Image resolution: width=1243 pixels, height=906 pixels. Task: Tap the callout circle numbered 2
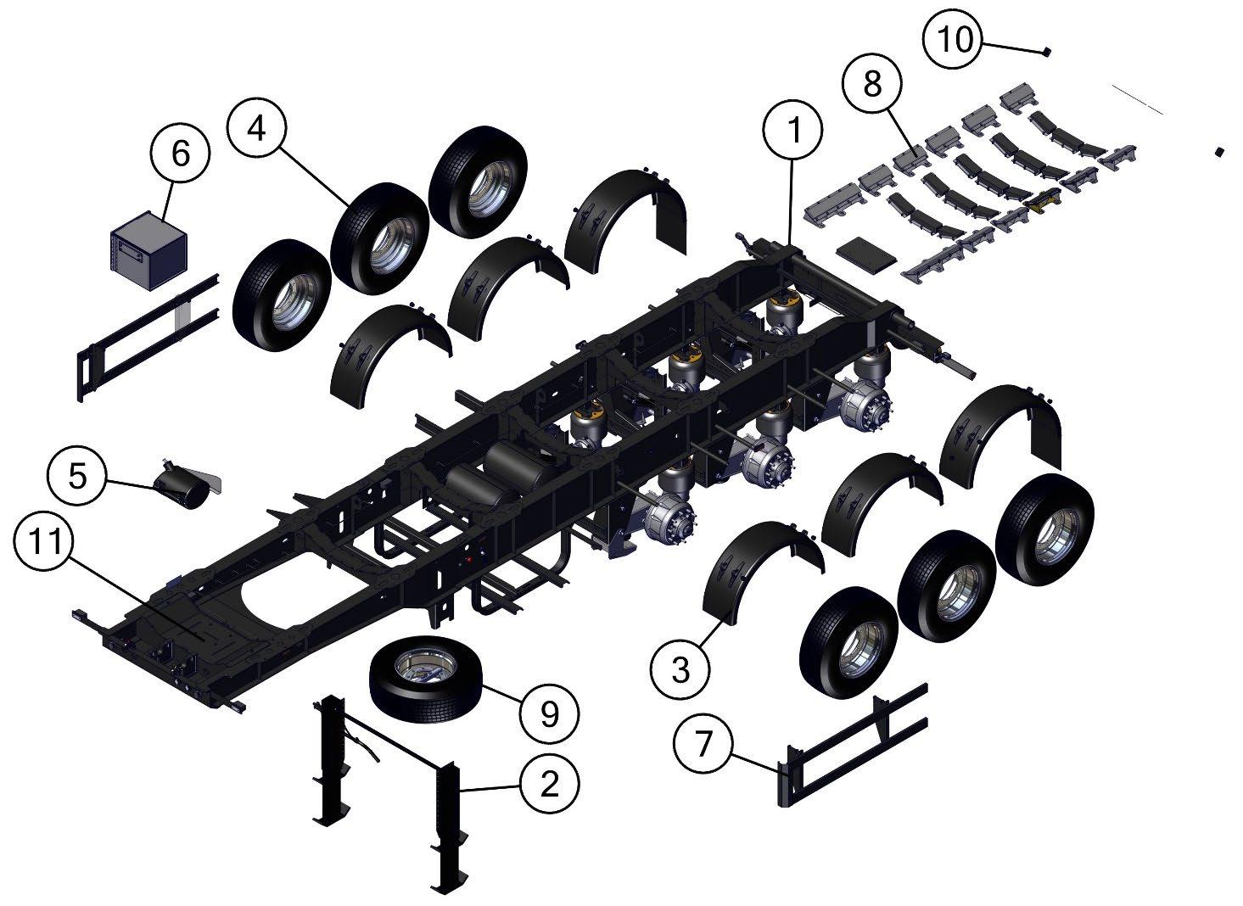click(x=549, y=785)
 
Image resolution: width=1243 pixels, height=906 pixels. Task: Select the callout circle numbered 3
click(x=680, y=669)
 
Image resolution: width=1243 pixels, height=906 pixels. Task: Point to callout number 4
click(x=256, y=129)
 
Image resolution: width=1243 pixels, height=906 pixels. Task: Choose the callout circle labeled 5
click(x=78, y=475)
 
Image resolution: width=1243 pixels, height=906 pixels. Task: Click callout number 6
click(x=181, y=154)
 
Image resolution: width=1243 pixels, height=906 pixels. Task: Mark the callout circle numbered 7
click(x=703, y=743)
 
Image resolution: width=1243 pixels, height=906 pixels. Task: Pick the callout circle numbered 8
click(x=872, y=84)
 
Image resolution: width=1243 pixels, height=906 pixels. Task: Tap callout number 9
click(x=549, y=714)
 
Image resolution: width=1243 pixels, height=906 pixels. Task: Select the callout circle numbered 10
click(x=952, y=39)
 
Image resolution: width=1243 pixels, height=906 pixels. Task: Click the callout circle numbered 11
click(x=44, y=541)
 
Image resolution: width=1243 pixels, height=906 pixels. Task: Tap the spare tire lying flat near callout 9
click(x=426, y=679)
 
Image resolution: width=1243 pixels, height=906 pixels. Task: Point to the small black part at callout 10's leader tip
click(x=1046, y=52)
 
